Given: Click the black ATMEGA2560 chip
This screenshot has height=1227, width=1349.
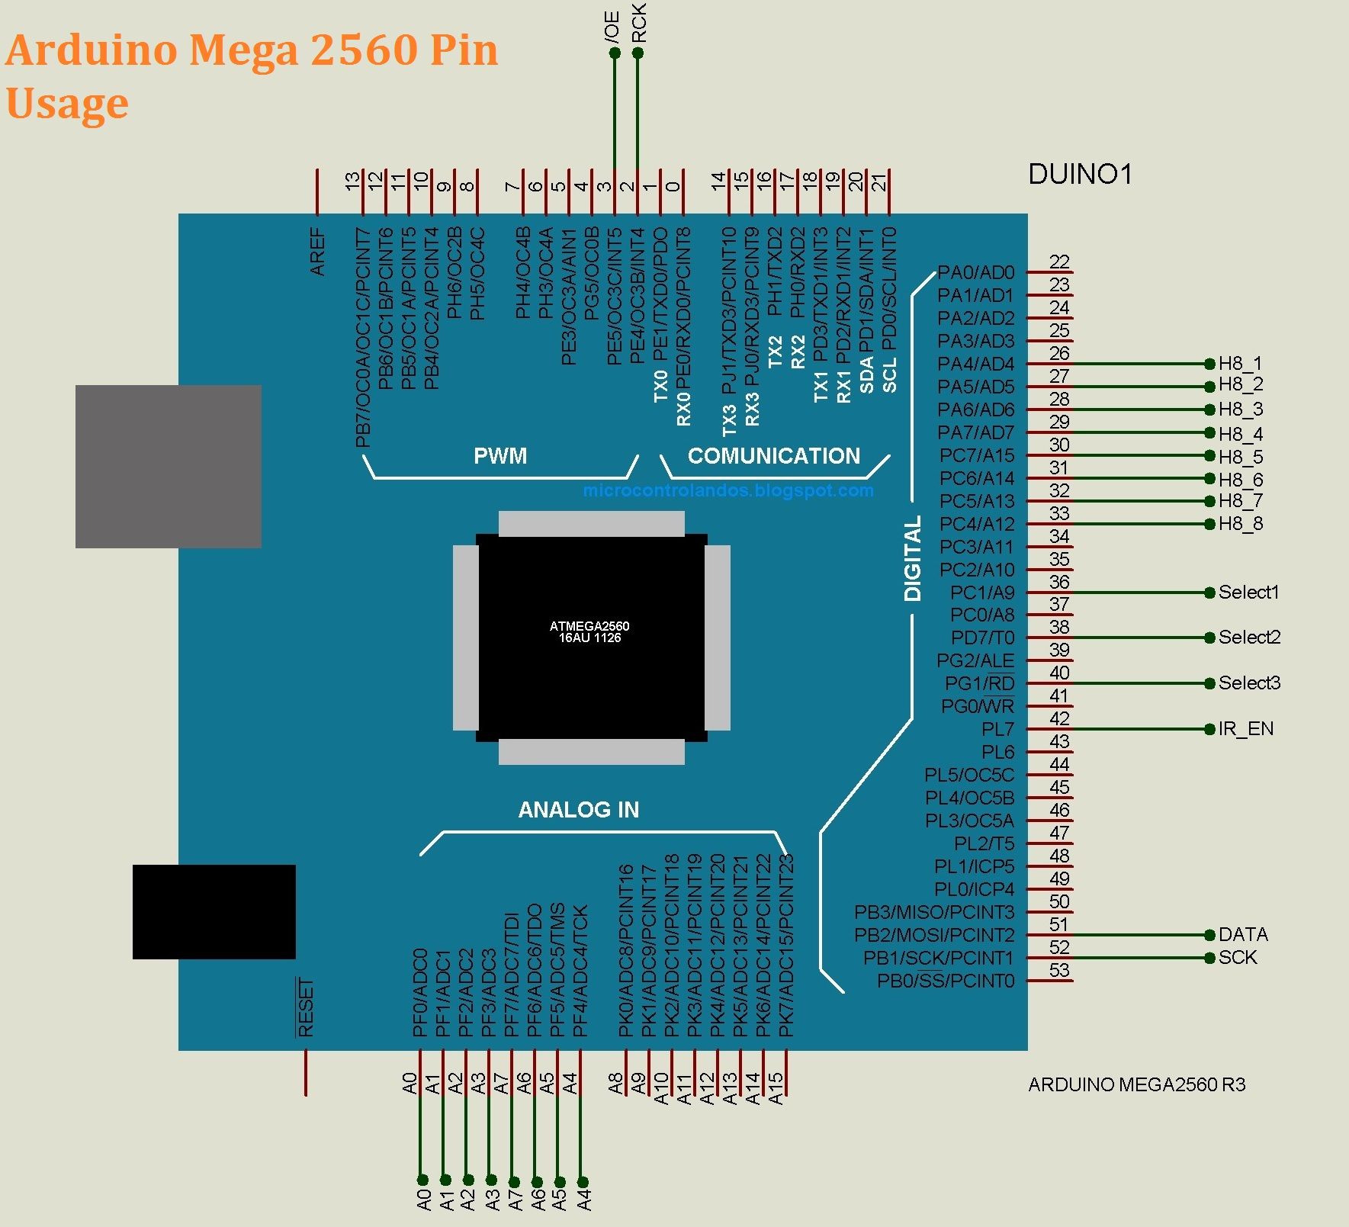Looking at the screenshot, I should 591,637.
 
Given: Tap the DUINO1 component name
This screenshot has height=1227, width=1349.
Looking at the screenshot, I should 1080,175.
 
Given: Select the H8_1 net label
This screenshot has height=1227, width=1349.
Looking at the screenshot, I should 1240,364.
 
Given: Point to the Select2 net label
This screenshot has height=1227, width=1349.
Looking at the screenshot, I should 1249,638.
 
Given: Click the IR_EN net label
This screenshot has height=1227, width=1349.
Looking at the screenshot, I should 1245,729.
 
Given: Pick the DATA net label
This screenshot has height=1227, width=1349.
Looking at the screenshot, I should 1243,935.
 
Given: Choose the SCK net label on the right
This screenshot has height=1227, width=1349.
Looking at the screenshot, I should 1237,958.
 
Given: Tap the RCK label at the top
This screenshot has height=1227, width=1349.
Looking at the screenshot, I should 639,23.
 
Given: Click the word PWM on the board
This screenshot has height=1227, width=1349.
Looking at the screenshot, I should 500,456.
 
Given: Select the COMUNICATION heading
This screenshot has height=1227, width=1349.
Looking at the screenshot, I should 773,456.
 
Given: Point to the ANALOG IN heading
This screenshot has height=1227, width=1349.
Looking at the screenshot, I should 579,810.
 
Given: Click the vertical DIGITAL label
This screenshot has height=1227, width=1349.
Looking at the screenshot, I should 913,558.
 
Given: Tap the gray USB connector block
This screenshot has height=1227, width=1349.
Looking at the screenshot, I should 168,466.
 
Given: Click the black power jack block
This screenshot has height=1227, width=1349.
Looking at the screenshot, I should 214,911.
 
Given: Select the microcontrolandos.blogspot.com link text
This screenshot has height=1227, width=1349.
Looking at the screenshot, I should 728,490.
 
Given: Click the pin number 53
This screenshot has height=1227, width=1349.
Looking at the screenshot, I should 1059,971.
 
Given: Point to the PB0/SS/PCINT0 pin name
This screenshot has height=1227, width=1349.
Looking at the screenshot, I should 946,981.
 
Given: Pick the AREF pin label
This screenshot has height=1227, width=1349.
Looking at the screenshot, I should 318,252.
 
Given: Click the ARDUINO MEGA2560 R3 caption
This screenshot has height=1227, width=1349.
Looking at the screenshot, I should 1136,1085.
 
